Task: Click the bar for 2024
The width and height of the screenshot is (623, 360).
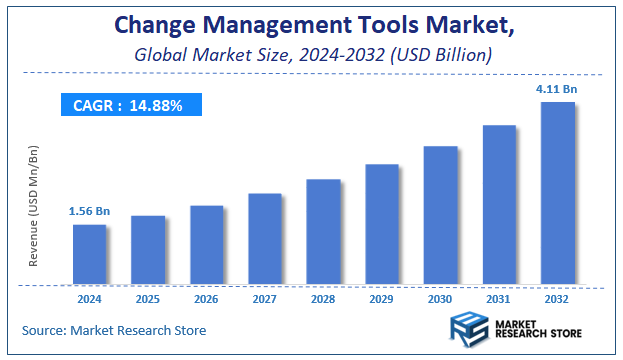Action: click(89, 254)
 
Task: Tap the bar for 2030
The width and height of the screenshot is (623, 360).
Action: click(440, 215)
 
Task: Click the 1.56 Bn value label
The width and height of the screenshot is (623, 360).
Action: click(88, 211)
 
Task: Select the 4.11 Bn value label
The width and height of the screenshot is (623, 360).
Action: click(557, 89)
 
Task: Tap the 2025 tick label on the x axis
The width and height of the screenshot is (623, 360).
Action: click(148, 298)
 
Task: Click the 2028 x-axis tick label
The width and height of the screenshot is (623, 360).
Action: click(323, 298)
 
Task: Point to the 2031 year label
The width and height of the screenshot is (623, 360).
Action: click(499, 298)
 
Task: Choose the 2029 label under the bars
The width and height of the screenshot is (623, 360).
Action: click(382, 298)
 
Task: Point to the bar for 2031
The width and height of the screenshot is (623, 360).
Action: click(499, 204)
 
